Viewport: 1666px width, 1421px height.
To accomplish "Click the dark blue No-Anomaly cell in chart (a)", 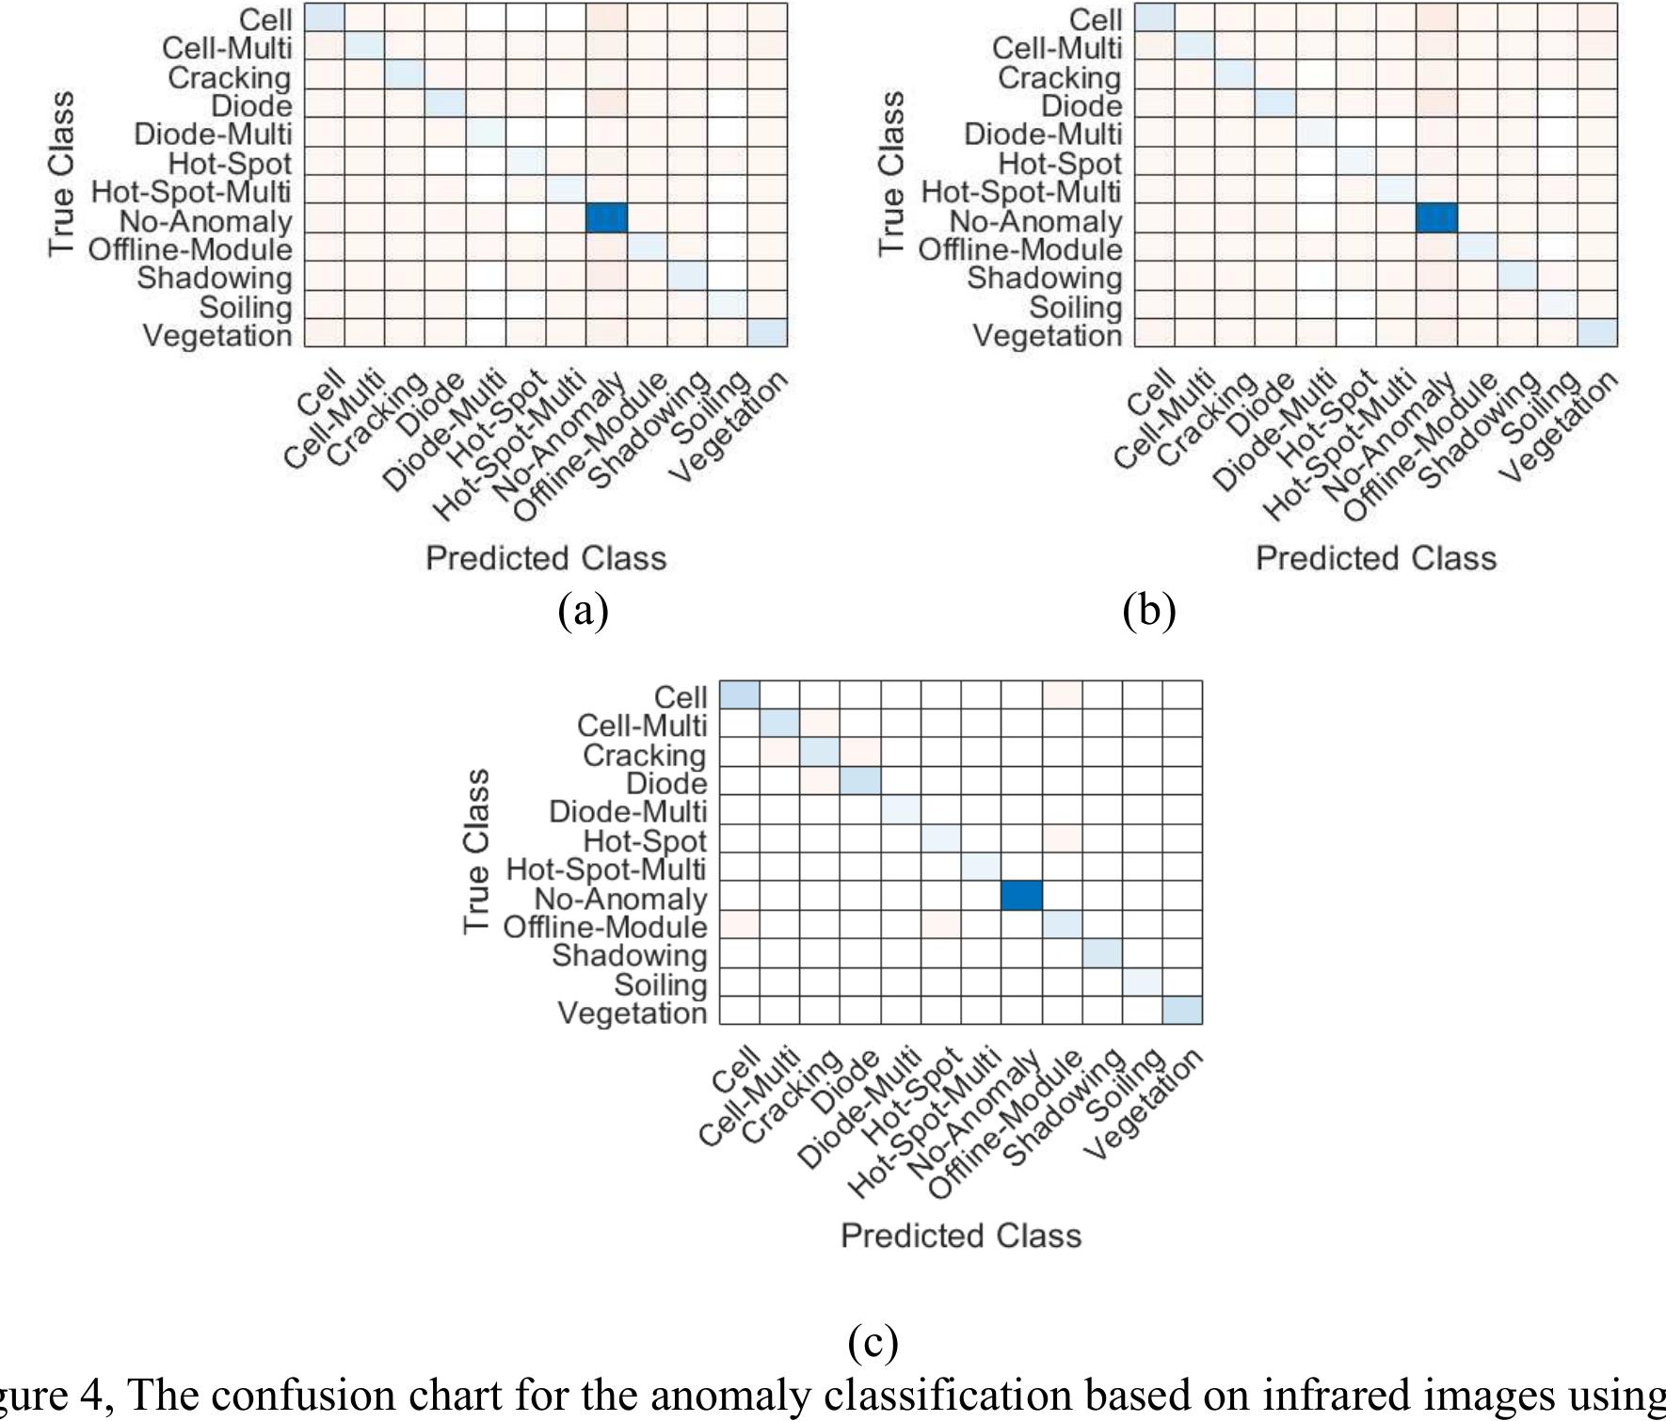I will pos(606,218).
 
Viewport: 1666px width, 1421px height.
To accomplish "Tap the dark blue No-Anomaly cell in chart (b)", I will pos(1436,218).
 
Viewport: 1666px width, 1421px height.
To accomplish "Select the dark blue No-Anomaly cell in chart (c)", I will pos(1021,896).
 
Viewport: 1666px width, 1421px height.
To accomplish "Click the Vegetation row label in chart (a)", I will pos(217,336).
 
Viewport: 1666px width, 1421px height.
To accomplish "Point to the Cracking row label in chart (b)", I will pos(1060,77).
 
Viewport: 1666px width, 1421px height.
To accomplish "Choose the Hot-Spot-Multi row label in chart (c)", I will pos(606,869).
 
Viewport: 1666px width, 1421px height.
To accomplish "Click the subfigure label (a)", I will pos(583,611).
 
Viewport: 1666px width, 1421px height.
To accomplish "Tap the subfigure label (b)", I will pos(1149,611).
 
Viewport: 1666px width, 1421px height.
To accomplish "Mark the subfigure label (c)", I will pos(873,1342).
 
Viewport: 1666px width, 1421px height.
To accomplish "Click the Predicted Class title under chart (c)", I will pos(961,1236).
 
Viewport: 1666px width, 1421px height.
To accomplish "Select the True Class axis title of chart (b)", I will pos(891,172).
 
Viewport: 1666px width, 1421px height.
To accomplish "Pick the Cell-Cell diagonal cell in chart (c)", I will pos(740,695).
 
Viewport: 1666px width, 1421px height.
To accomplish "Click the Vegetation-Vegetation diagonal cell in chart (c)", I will pos(1182,1011).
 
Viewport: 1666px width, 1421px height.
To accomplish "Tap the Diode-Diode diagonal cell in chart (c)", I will pos(860,781).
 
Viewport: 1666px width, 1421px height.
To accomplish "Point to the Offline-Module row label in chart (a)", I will pos(190,250).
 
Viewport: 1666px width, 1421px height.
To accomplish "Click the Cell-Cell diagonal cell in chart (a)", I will pos(324,17).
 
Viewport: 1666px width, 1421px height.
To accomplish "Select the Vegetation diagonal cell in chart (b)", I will pos(1597,333).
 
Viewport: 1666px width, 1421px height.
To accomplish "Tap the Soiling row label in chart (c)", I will pos(661,984).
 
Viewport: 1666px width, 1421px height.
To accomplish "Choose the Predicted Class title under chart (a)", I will pos(546,558).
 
